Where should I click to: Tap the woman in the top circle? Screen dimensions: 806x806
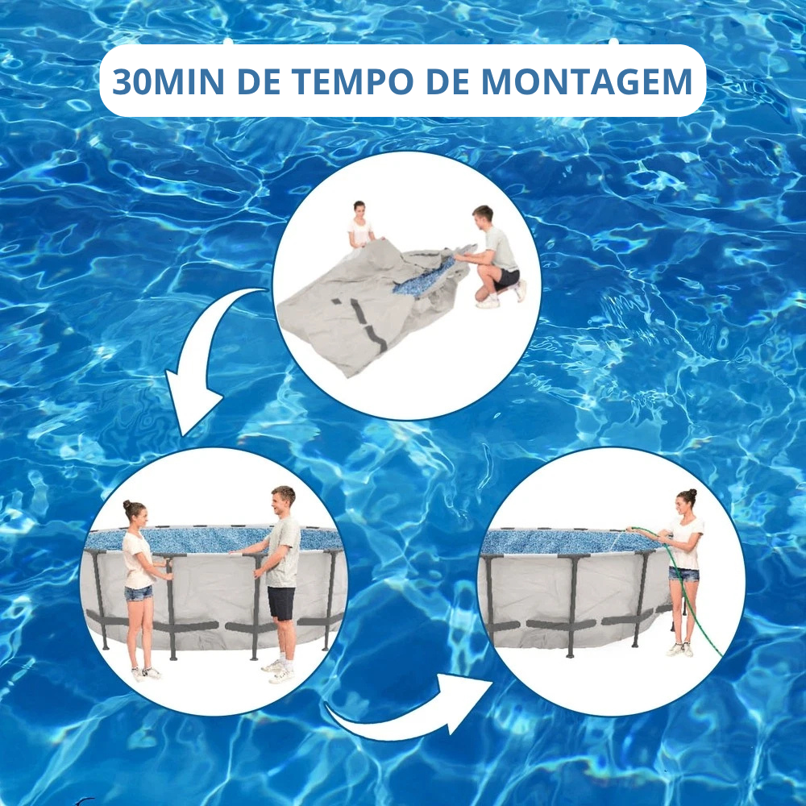pos(360,226)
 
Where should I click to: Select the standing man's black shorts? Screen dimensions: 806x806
pos(281,603)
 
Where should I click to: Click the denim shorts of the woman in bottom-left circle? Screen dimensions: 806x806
pos(138,593)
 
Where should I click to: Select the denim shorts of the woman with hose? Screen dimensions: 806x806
pos(684,574)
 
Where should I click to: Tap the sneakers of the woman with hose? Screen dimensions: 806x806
pos(680,649)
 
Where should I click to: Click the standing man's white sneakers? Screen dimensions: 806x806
pos(278,671)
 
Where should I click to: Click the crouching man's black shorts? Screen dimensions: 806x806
pos(507,278)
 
